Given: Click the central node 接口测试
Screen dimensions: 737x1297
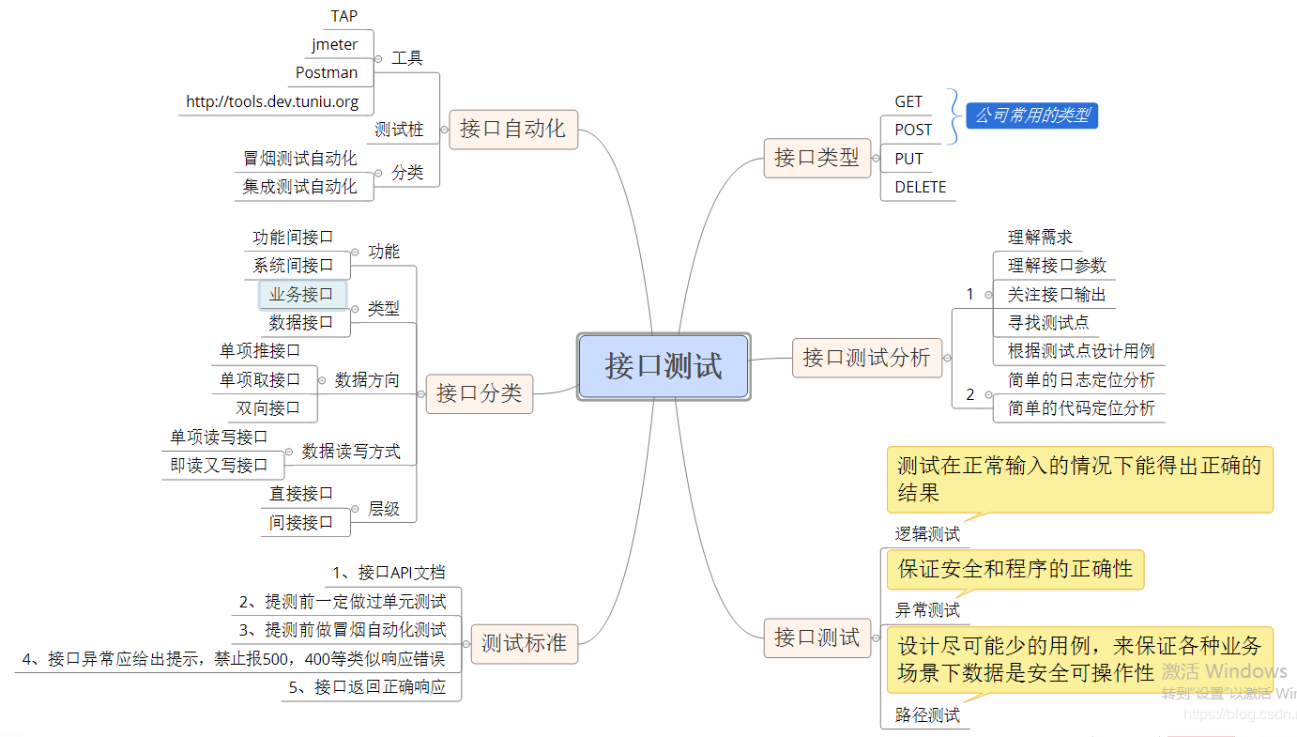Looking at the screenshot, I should point(664,366).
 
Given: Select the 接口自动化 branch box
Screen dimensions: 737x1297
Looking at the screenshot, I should point(512,130).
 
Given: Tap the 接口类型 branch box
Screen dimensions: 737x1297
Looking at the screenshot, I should point(816,158).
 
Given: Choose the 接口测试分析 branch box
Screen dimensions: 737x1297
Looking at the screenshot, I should point(866,358).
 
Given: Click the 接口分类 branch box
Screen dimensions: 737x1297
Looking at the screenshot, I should point(479,393).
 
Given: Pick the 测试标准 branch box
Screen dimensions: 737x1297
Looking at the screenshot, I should point(524,644).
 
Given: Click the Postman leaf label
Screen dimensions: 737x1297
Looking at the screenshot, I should point(327,72).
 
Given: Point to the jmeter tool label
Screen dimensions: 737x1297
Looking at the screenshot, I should point(334,44).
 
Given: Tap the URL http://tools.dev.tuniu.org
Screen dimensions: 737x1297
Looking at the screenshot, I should point(272,101).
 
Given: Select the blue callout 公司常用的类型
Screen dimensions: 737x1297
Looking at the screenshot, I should point(1031,115).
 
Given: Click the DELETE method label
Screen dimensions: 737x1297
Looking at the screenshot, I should point(920,187).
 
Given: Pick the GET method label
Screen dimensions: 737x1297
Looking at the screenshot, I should point(908,101).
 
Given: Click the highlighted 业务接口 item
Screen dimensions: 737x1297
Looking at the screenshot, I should point(301,294).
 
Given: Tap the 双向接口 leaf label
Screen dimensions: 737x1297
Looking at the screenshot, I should point(267,407).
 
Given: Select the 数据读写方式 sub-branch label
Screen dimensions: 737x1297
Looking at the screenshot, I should point(351,452).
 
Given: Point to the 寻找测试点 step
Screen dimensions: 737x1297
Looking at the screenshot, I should point(1048,322).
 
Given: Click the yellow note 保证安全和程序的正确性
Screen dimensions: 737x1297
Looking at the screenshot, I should point(1015,569).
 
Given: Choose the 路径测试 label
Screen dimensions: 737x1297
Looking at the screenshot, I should point(927,715).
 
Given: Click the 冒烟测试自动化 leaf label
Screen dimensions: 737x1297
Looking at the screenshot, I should point(300,158).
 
